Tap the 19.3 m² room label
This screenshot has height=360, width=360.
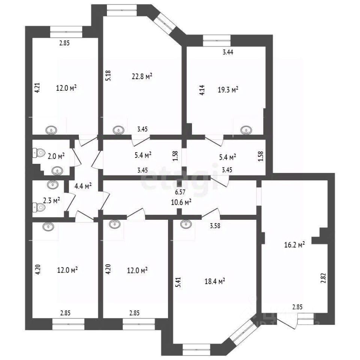(228, 90)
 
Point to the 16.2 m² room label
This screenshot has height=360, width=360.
(294, 244)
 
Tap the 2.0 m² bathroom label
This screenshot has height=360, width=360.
(56, 156)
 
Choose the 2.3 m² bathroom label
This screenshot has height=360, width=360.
(51, 201)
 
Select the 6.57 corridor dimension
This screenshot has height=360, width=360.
(181, 192)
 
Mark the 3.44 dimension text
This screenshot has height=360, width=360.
(228, 52)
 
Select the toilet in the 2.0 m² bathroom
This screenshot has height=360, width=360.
(37, 153)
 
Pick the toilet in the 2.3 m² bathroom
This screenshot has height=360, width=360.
(37, 206)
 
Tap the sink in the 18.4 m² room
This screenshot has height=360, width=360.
(184, 224)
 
